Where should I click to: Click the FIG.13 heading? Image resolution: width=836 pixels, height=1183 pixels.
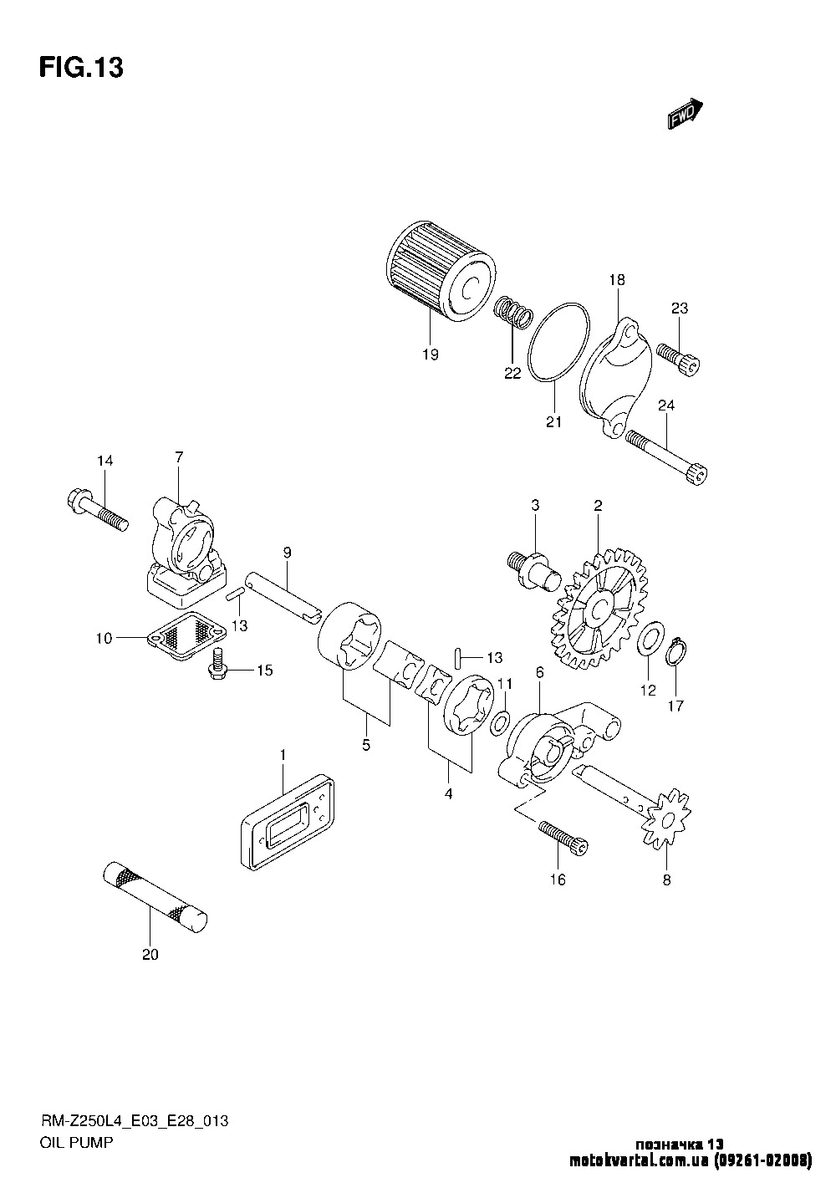(x=81, y=68)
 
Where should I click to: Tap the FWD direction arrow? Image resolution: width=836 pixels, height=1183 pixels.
(x=685, y=114)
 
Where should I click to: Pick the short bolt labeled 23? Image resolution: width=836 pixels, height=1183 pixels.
(x=679, y=360)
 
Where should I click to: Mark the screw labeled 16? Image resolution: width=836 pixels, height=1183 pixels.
(x=563, y=839)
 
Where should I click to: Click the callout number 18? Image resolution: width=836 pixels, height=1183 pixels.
(x=617, y=280)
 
